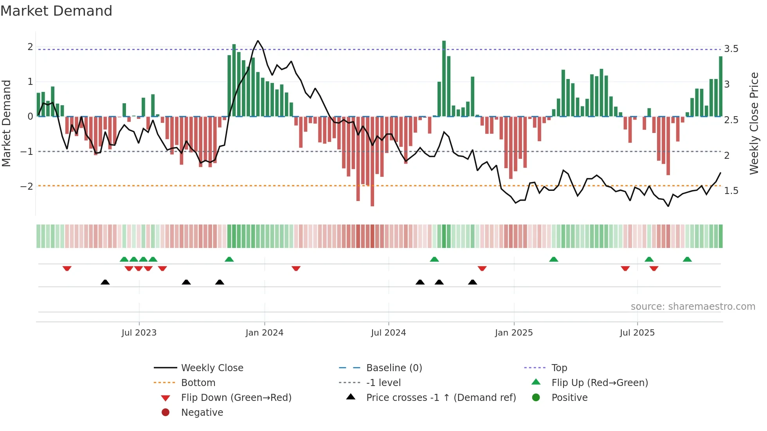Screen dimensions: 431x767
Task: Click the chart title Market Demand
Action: click(56, 11)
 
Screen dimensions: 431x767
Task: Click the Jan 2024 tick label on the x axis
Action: click(264, 333)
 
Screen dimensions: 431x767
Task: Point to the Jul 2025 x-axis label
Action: click(637, 333)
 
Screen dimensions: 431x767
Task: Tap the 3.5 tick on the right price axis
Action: click(731, 49)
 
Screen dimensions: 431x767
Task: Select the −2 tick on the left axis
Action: click(27, 186)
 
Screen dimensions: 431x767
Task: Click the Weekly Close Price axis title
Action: click(754, 123)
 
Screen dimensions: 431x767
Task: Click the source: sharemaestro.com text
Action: click(693, 307)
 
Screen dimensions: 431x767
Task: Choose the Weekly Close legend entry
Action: click(212, 368)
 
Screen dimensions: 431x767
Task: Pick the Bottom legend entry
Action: click(198, 383)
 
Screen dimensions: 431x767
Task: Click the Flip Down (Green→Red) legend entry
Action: click(236, 398)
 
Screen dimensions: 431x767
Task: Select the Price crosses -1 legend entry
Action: click(441, 398)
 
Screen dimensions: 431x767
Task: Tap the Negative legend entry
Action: click(202, 413)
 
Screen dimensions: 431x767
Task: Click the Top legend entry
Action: click(559, 368)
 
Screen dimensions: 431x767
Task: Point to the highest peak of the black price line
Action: click(257, 41)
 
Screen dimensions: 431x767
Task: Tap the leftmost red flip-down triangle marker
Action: click(67, 268)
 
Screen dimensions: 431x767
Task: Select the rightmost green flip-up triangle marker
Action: click(687, 259)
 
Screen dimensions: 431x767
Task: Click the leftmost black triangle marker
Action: click(105, 282)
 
